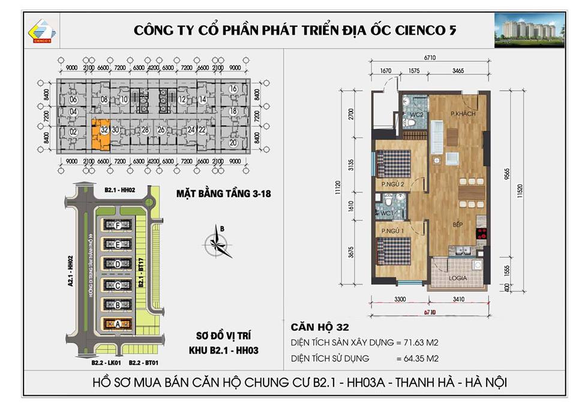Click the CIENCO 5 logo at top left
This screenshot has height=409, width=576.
pyautogui.click(x=41, y=31)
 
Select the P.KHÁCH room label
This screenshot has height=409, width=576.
pyautogui.click(x=463, y=113)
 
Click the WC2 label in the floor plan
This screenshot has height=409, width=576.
pyautogui.click(x=416, y=114)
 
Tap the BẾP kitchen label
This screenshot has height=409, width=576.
pyautogui.click(x=457, y=224)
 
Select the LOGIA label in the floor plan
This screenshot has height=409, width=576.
pyautogui.click(x=458, y=279)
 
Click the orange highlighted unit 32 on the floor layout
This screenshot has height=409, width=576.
pyautogui.click(x=100, y=134)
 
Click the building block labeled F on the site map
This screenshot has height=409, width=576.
pyautogui.click(x=118, y=225)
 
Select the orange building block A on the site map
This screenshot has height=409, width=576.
pyautogui.click(x=118, y=324)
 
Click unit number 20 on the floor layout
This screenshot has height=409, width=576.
pyautogui.click(x=233, y=143)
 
